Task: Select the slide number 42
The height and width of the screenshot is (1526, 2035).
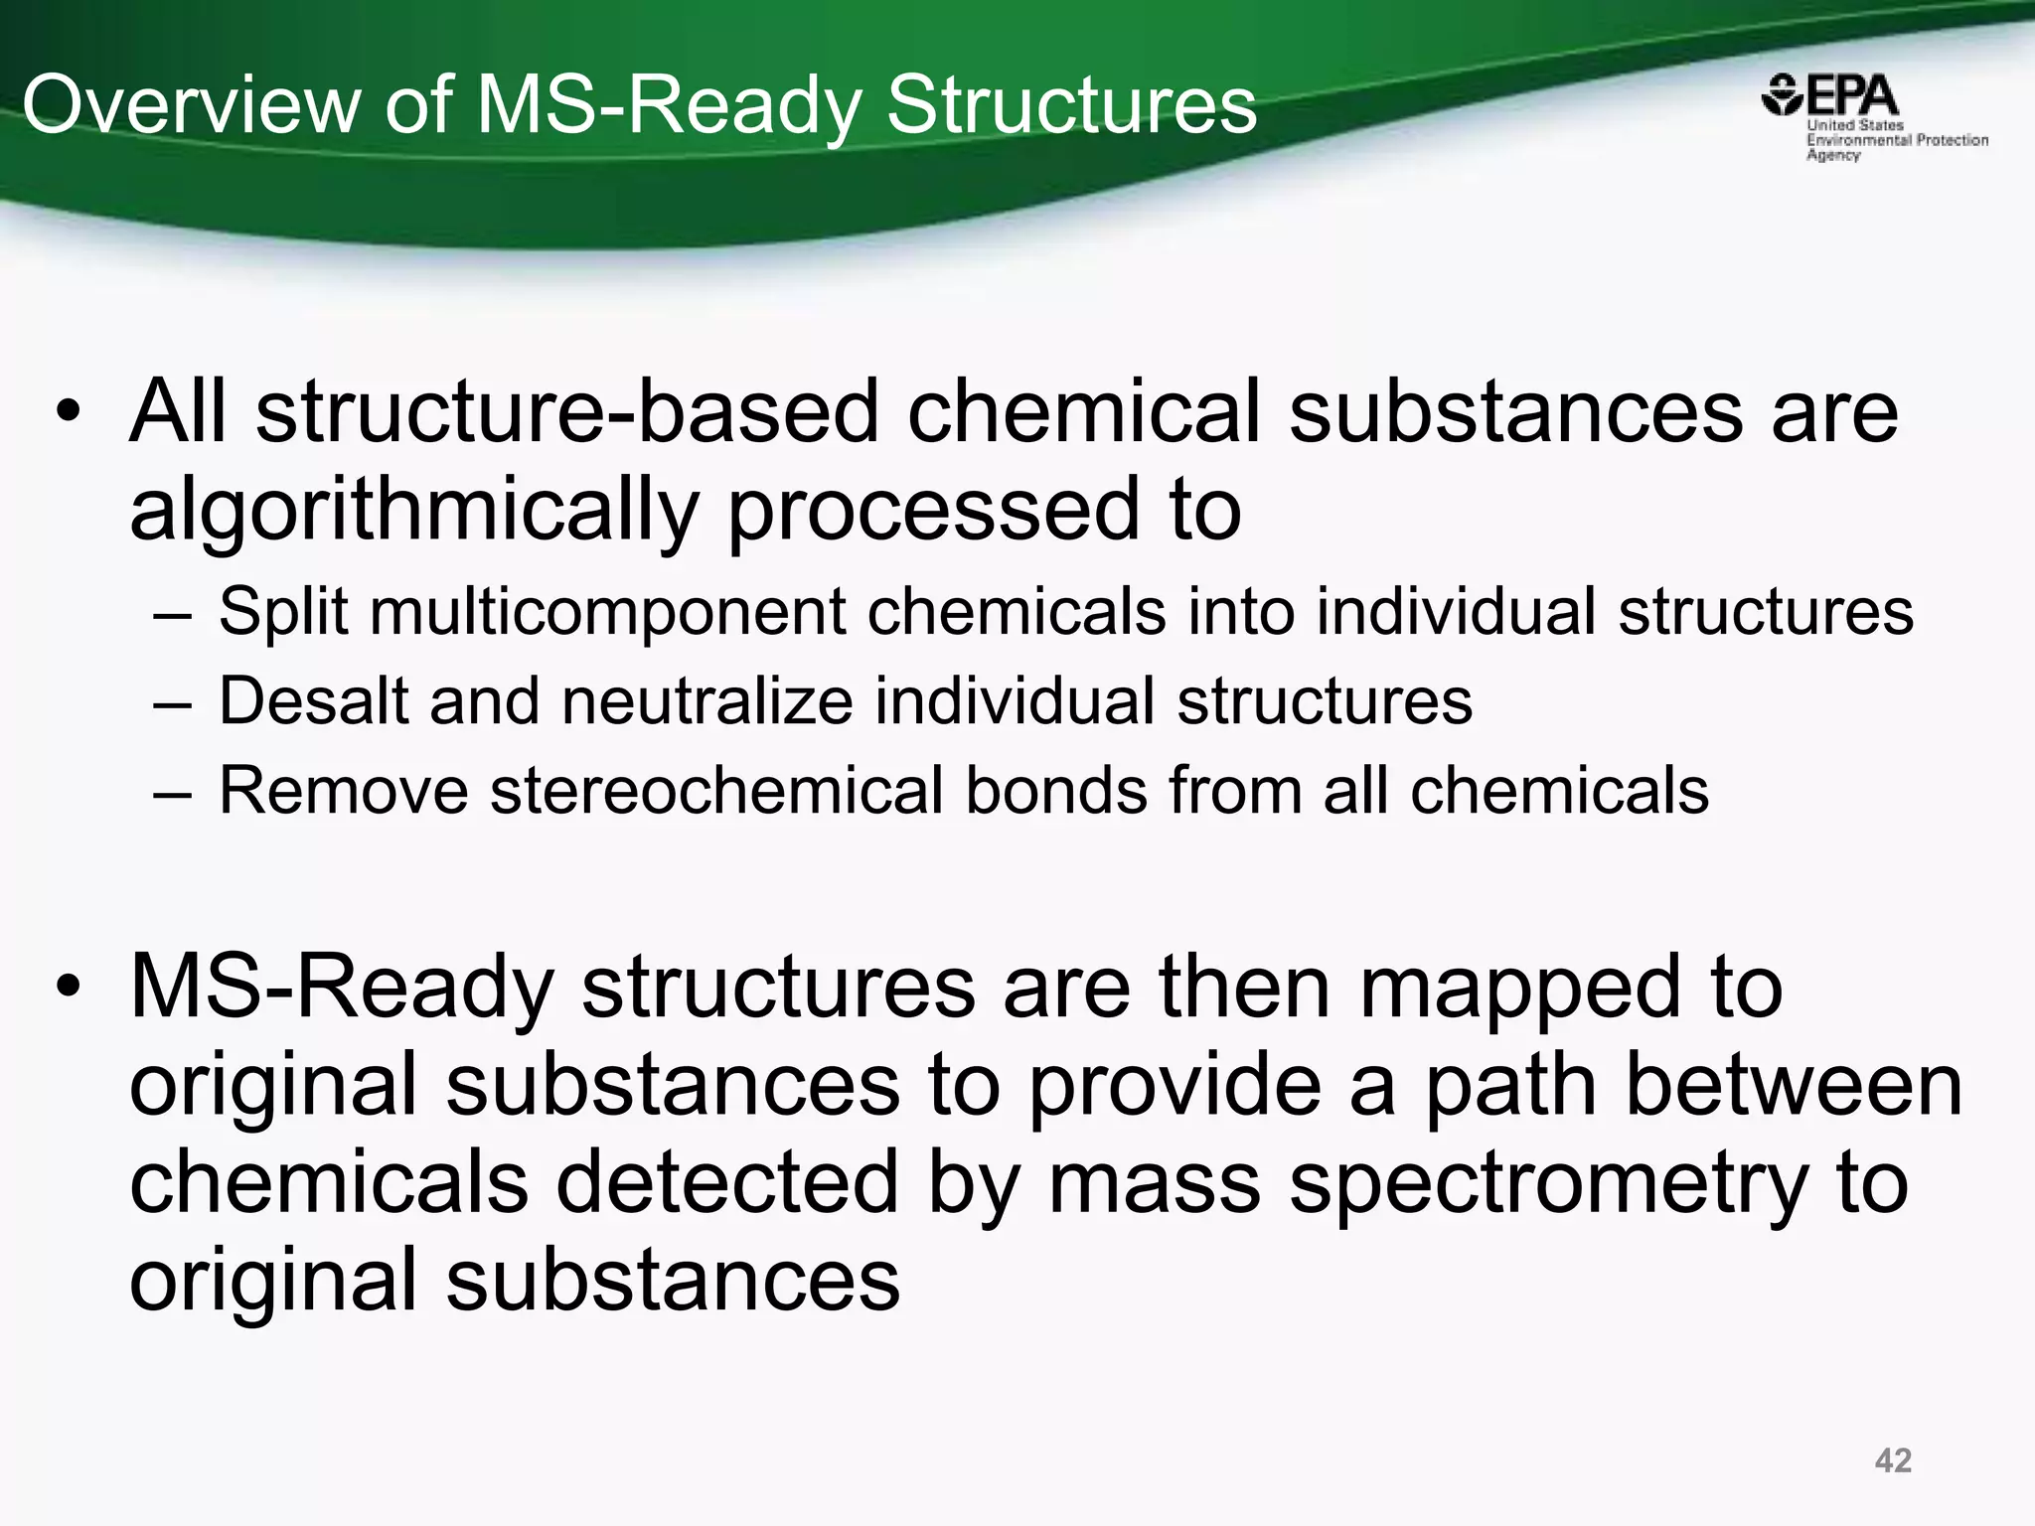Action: pyautogui.click(x=1892, y=1460)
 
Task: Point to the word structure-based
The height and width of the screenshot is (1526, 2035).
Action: pyautogui.click(x=567, y=412)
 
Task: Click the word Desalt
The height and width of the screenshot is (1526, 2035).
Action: pyautogui.click(x=313, y=700)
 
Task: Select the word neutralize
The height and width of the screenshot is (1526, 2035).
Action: pyautogui.click(x=706, y=700)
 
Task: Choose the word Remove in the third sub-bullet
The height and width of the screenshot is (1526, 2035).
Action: pyautogui.click(x=343, y=791)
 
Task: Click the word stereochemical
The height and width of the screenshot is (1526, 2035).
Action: pyautogui.click(x=715, y=791)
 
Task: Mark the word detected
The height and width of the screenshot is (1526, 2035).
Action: pyautogui.click(x=726, y=1182)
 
